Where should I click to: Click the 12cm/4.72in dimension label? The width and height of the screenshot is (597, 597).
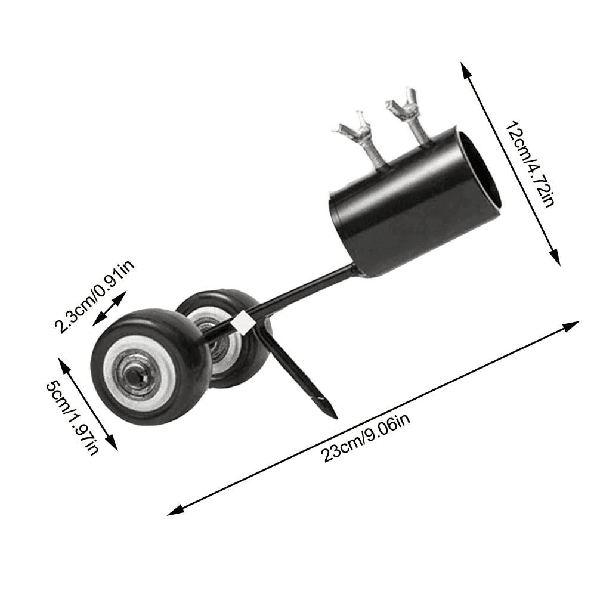coord(528,164)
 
